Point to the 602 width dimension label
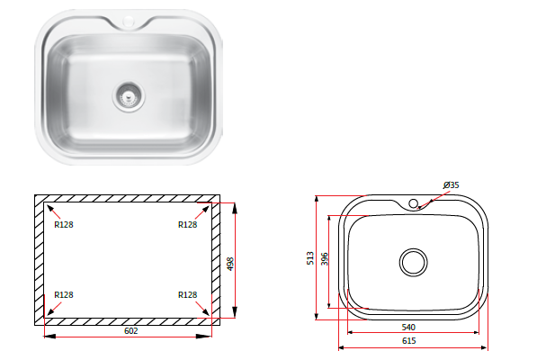130,331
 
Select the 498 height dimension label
230,264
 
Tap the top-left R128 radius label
64,225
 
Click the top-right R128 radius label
188,225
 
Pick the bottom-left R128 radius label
64,295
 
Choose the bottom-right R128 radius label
188,295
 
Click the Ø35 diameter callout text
451,185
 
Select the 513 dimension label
310,258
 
